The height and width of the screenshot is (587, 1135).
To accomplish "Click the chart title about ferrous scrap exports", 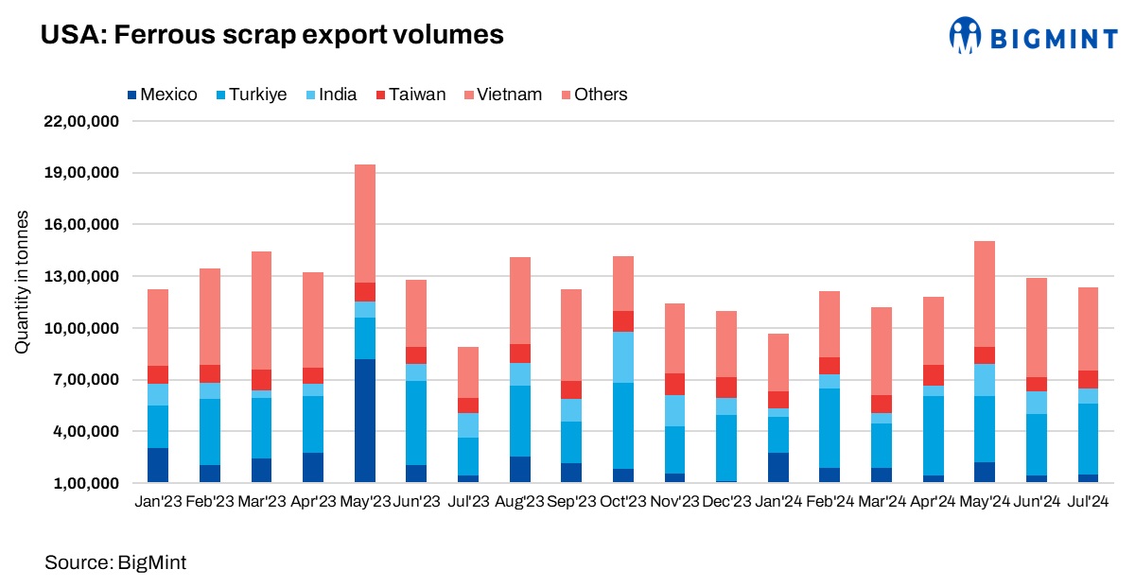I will click(x=271, y=36).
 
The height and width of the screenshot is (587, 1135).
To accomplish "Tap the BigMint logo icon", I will click(x=967, y=35).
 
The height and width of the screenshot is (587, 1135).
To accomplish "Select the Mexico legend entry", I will click(x=162, y=95).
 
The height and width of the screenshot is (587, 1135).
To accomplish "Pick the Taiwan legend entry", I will click(x=410, y=95).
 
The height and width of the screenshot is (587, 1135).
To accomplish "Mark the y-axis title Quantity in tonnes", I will click(x=21, y=284).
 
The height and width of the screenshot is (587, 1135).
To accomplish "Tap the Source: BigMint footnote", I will click(x=115, y=563).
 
